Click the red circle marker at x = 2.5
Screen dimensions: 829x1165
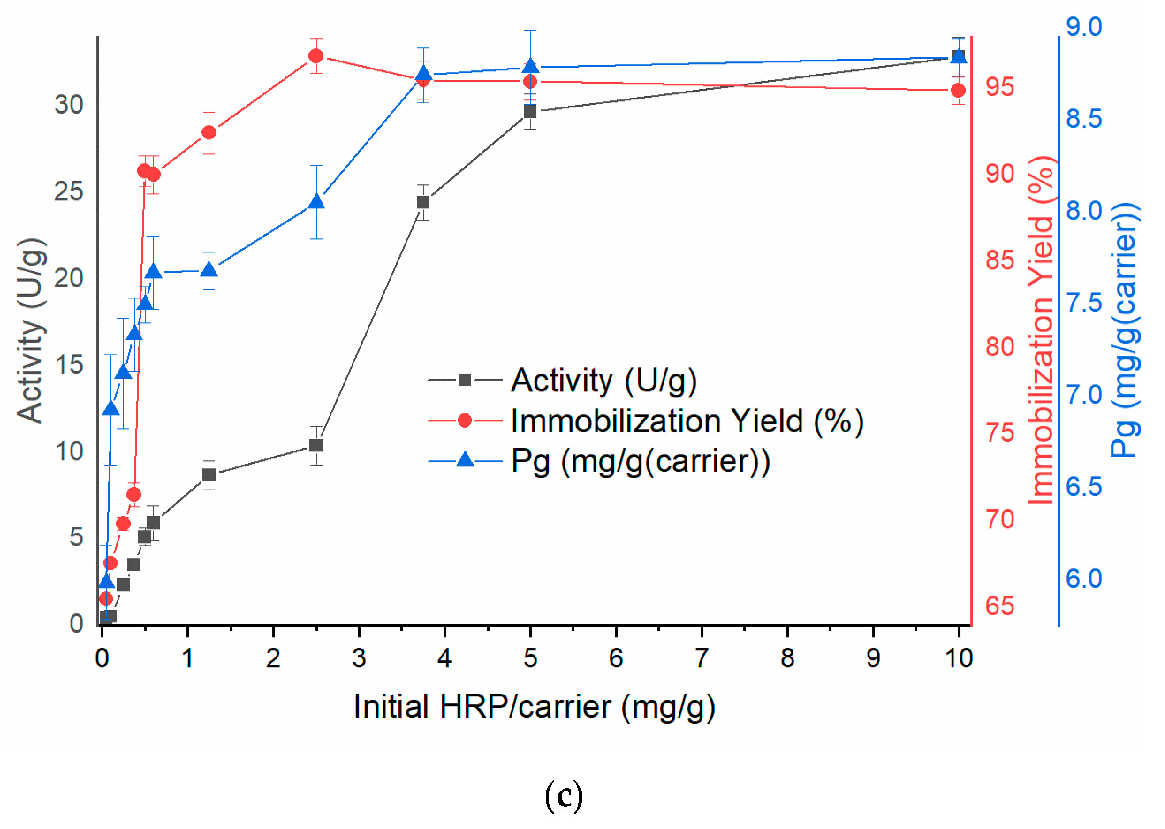coord(316,56)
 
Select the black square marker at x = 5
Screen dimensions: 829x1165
coord(530,111)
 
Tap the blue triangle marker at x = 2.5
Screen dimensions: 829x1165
coord(316,202)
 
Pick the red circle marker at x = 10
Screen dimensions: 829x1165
coord(958,90)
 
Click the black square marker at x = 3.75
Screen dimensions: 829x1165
coord(423,202)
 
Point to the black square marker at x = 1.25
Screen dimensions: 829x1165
coord(209,475)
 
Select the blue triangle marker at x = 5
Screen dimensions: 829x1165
coord(530,66)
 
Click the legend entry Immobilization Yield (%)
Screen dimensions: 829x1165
coord(687,421)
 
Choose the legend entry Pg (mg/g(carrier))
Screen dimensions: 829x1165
coord(640,462)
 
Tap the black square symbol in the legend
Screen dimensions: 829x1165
coord(465,380)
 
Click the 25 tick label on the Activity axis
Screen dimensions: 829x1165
coord(69,191)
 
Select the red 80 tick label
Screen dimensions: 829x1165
coord(1000,347)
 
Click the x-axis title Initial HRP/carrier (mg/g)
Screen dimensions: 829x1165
coord(534,707)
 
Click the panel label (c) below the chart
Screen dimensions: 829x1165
coord(563,796)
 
